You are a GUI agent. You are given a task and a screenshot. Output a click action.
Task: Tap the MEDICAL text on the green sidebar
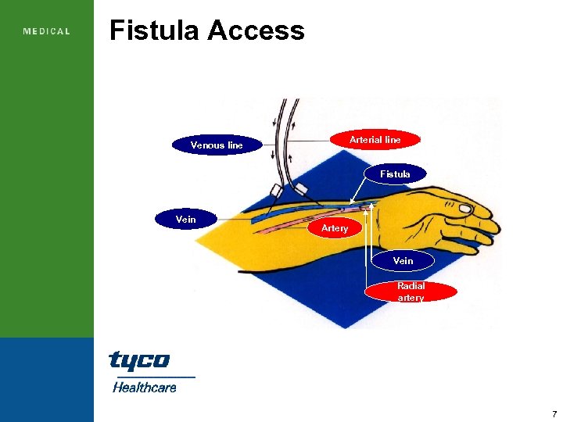(47, 32)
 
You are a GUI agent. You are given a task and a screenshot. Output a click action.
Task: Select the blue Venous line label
(217, 145)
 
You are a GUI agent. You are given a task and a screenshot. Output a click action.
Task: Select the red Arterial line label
(375, 140)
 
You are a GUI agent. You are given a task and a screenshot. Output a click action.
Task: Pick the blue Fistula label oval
(395, 173)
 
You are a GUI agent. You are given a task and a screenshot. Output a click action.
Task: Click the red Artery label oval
(334, 228)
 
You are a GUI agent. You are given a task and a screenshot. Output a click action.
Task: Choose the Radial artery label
(411, 291)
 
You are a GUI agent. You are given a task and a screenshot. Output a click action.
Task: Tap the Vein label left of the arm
(186, 220)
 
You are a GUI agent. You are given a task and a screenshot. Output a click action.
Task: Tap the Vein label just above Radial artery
(403, 260)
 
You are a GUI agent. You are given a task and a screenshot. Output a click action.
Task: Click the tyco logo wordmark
(139, 361)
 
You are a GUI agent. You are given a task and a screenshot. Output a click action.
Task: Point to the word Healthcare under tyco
(145, 387)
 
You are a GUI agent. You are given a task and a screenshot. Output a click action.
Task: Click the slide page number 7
(554, 413)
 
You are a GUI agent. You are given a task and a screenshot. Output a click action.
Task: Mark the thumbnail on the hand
(466, 209)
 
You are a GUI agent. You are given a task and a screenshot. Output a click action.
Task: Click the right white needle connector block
(301, 188)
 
